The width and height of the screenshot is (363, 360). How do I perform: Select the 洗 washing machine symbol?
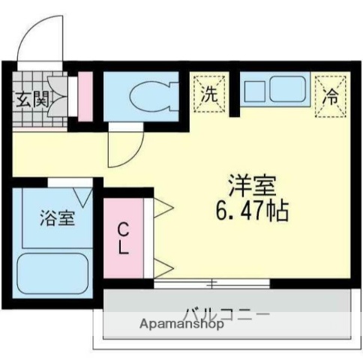211,94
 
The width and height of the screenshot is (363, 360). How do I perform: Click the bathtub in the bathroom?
53,274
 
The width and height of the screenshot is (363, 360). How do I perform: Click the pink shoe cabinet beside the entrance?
85,96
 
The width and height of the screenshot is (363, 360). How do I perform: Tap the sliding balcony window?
211,283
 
